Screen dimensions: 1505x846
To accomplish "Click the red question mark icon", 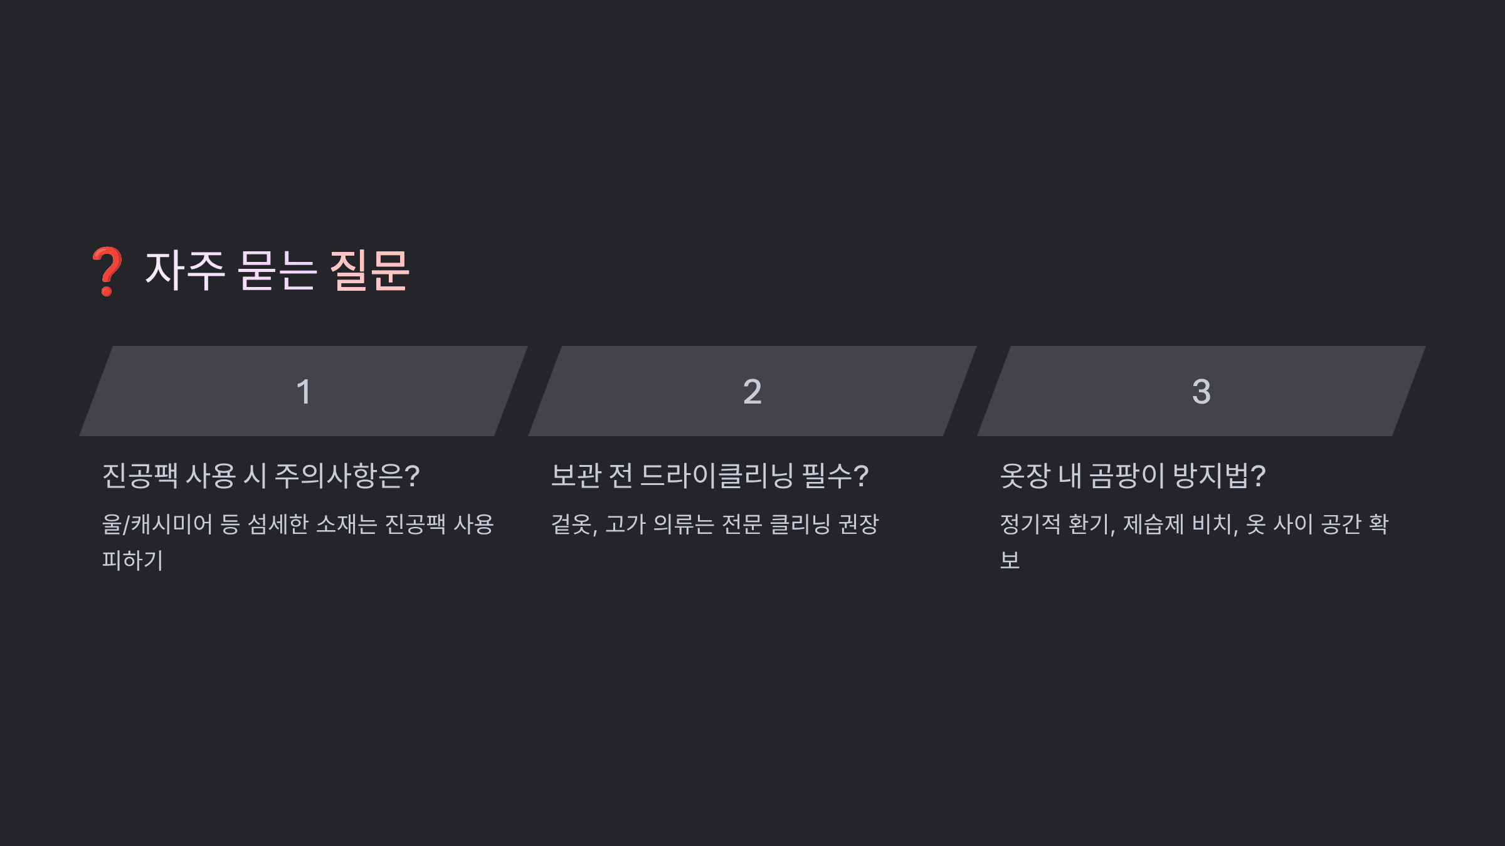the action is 107,271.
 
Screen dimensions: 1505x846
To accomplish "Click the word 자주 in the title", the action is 184,271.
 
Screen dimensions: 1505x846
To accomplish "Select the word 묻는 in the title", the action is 277,271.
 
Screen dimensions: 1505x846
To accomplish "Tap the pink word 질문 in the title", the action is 369,271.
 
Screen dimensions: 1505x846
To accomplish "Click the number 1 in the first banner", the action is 304,392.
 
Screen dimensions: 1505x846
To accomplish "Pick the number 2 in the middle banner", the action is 752,392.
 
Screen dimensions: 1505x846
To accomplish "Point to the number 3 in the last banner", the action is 1201,392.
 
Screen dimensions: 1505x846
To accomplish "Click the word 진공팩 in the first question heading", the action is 140,476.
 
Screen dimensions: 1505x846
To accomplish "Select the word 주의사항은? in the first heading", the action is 347,476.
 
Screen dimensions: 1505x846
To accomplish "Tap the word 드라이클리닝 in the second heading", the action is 717,476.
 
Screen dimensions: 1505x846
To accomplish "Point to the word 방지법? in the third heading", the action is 1219,476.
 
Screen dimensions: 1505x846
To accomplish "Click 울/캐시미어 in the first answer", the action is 157,525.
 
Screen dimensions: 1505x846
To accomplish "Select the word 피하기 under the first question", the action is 132,560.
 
